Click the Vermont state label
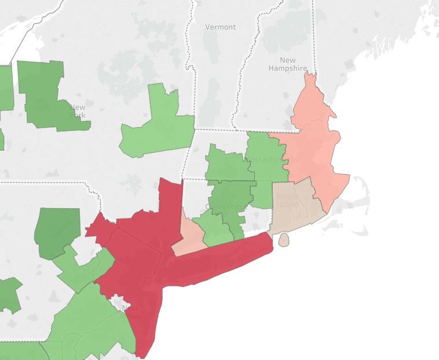click(221, 27)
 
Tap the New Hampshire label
click(287, 64)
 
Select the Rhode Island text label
click(288, 200)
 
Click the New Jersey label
click(130, 312)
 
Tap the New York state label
click(77, 111)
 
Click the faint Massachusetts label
click(272, 159)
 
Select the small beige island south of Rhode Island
click(283, 239)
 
